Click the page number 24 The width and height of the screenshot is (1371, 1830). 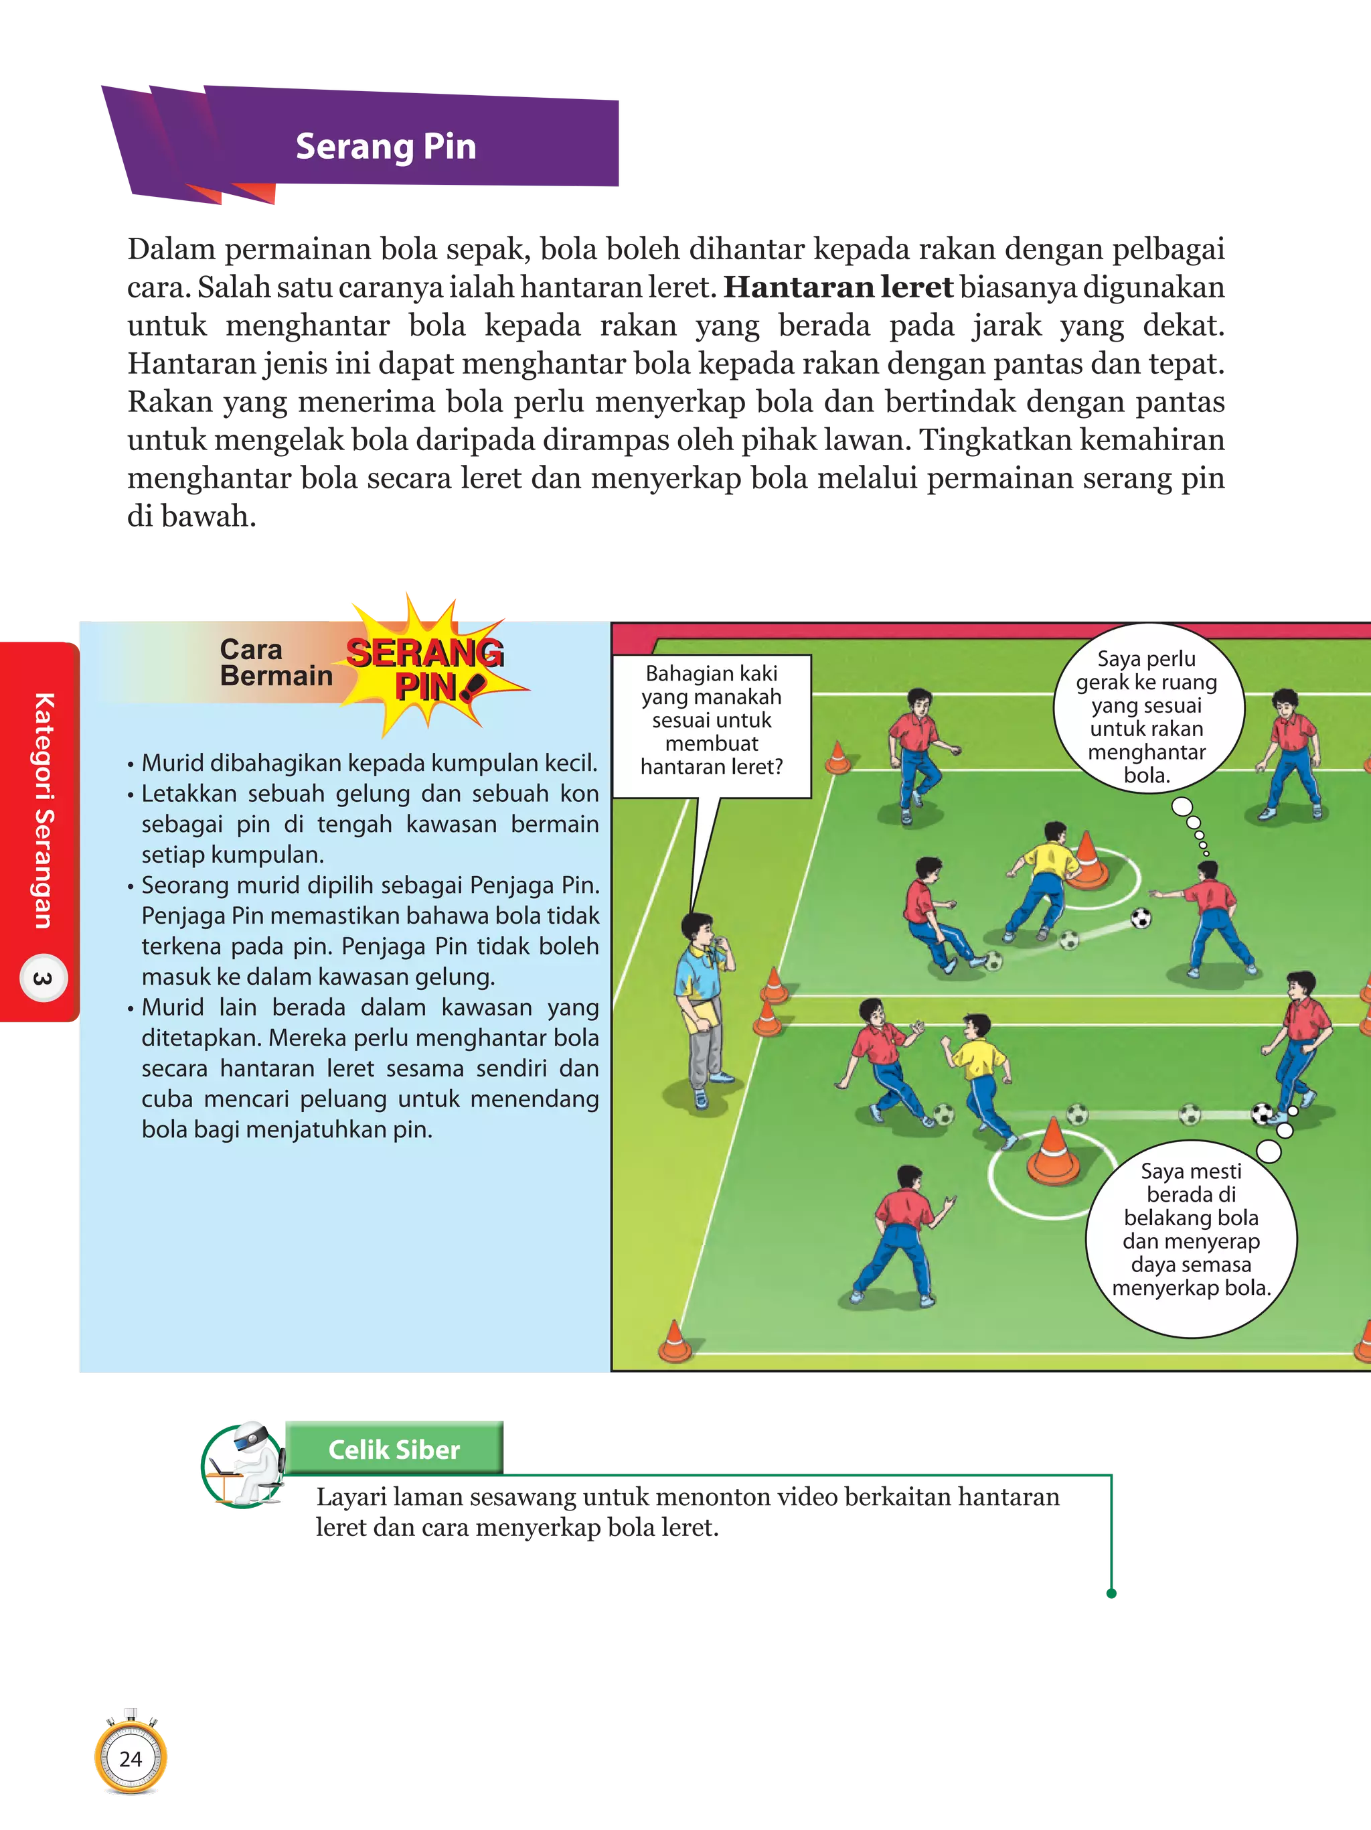[131, 1759]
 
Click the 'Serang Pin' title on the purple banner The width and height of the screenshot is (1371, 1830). [386, 147]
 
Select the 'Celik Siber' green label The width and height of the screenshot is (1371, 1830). [394, 1450]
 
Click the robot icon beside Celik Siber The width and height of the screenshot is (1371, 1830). [244, 1465]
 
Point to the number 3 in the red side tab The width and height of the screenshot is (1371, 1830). [42, 979]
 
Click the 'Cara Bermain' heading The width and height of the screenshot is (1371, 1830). [275, 662]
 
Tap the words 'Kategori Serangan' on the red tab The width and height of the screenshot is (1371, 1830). [43, 811]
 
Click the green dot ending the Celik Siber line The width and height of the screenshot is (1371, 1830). [1111, 1594]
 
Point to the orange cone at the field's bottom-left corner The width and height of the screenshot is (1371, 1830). [675, 1341]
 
